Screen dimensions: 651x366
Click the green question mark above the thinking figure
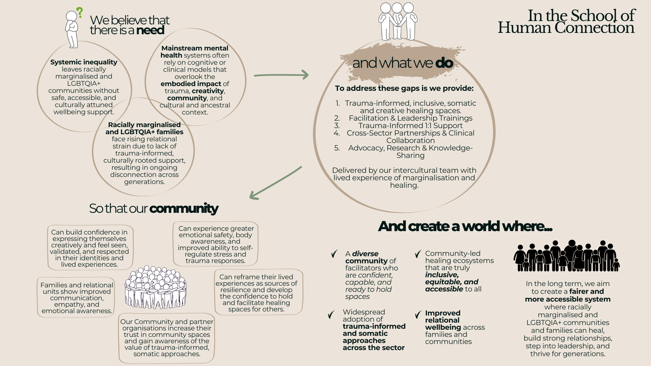tap(80, 13)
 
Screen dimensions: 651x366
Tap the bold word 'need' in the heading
tap(150, 30)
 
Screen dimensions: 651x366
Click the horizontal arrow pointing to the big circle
tap(281, 75)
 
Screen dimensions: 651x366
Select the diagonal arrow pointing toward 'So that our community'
tap(275, 183)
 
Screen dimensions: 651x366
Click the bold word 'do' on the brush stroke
tap(444, 63)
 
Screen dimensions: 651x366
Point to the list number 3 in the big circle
tap(337, 126)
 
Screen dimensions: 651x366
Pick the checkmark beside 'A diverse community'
tap(334, 254)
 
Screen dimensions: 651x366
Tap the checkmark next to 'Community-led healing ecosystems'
tap(418, 254)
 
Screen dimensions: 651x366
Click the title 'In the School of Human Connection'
tap(566, 21)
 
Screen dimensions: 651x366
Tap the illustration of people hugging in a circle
tap(156, 287)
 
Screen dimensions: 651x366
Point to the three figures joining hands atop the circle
tap(397, 21)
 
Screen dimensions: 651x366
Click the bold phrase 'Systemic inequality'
tap(84, 62)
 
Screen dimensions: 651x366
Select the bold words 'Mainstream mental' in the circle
tap(195, 48)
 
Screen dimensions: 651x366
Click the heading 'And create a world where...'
tap(465, 226)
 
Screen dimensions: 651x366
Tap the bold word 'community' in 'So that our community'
tap(184, 208)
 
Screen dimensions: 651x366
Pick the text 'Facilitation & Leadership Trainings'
tap(410, 118)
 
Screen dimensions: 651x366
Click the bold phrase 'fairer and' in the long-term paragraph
tap(587, 291)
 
